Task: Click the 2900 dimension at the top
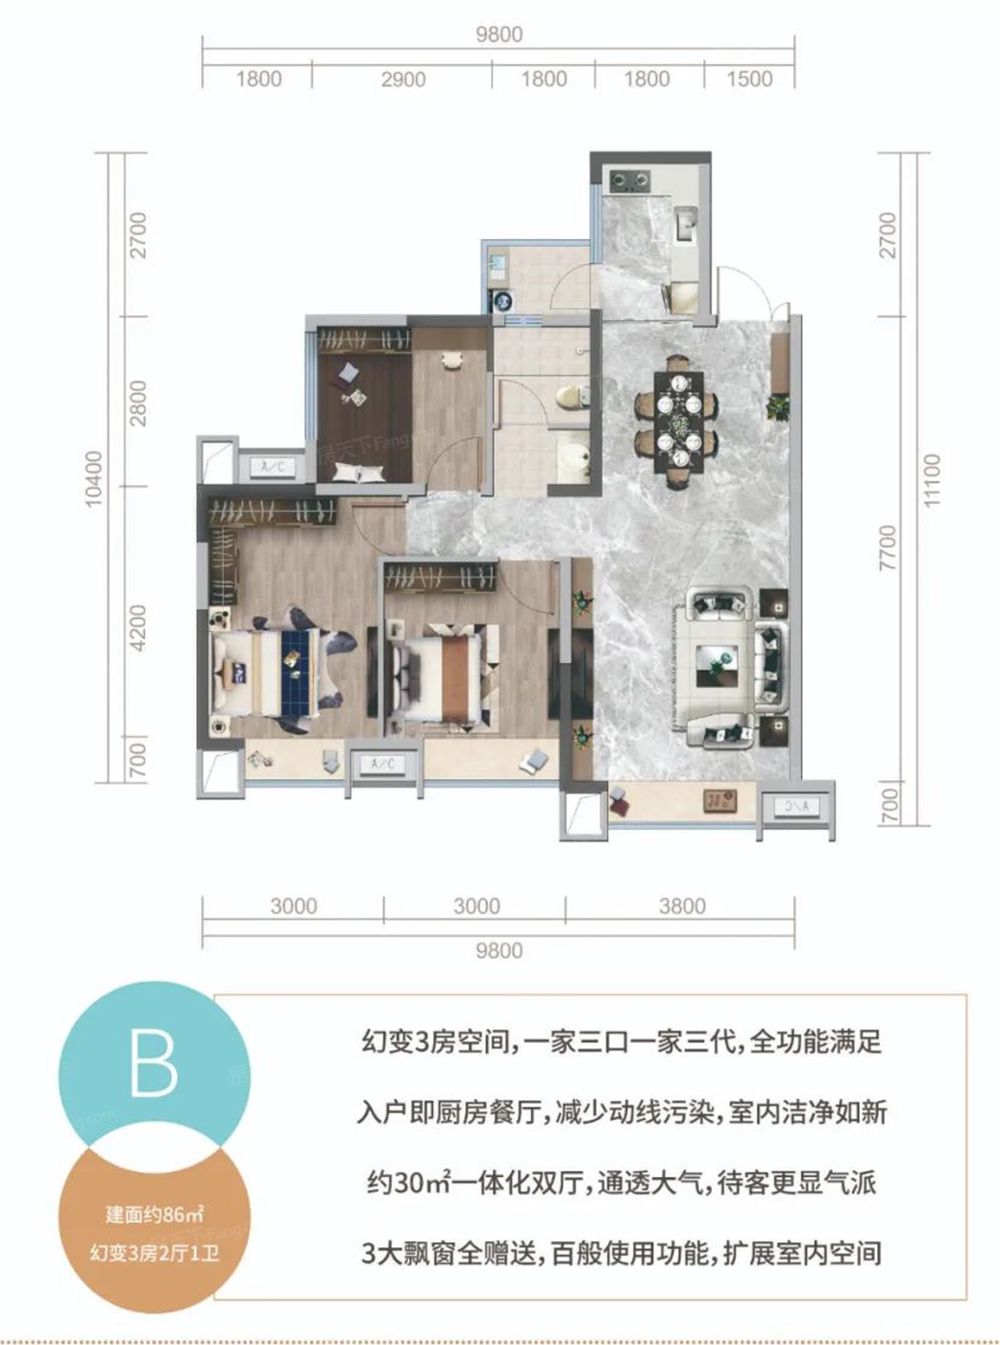click(402, 80)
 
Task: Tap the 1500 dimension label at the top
click(749, 79)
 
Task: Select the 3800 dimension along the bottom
click(682, 906)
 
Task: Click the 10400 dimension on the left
click(93, 479)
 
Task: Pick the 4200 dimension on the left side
click(138, 628)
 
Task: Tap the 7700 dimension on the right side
click(887, 548)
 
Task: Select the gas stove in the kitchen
click(629, 179)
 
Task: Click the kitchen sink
click(687, 224)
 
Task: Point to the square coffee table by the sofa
click(718, 666)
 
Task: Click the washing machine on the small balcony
click(500, 301)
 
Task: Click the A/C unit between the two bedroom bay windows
click(383, 764)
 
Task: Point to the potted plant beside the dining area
click(777, 407)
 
